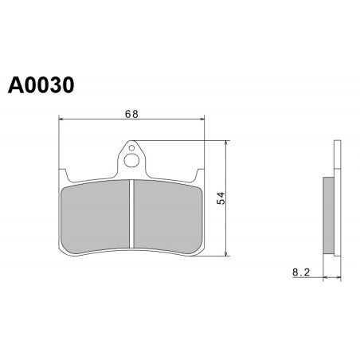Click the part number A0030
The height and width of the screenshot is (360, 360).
(x=41, y=85)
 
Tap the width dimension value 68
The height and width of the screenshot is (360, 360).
(x=131, y=114)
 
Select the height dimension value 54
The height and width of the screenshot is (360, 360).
(x=221, y=198)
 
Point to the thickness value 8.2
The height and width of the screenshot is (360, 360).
(x=301, y=272)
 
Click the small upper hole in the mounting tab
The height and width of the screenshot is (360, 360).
(x=131, y=148)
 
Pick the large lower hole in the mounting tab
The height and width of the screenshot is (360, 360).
(x=131, y=160)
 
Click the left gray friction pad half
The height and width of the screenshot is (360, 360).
(x=96, y=217)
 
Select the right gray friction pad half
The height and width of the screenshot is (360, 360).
(x=168, y=217)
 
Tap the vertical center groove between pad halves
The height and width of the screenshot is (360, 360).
(x=131, y=213)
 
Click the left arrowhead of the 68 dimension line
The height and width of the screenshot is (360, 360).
(x=61, y=119)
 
